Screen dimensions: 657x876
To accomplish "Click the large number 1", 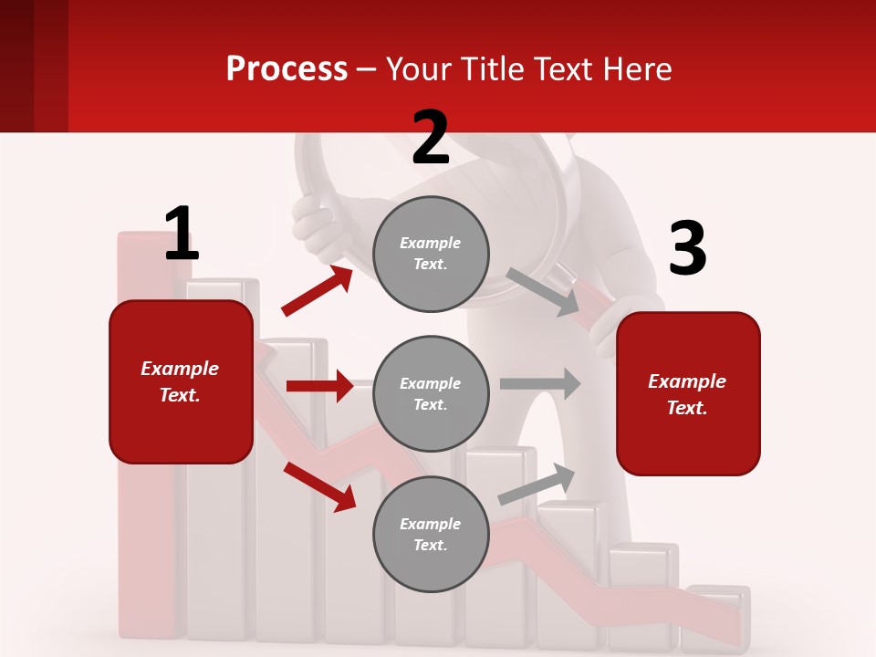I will [182, 234].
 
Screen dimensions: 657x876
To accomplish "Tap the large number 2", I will [431, 138].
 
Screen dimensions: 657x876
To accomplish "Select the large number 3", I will [687, 249].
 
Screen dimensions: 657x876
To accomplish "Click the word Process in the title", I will [287, 68].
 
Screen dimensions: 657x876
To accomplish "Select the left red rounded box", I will [181, 381].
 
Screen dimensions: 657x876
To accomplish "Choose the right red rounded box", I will [688, 393].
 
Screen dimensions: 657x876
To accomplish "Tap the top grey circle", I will [431, 254].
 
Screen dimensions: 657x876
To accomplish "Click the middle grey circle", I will [431, 393].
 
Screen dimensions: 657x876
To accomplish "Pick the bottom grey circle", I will [431, 534].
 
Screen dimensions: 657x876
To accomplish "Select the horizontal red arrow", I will [319, 386].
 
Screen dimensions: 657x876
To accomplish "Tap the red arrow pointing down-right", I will [319, 486].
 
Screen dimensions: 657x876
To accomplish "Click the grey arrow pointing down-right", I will [543, 292].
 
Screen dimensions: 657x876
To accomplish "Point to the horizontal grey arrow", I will [540, 383].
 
